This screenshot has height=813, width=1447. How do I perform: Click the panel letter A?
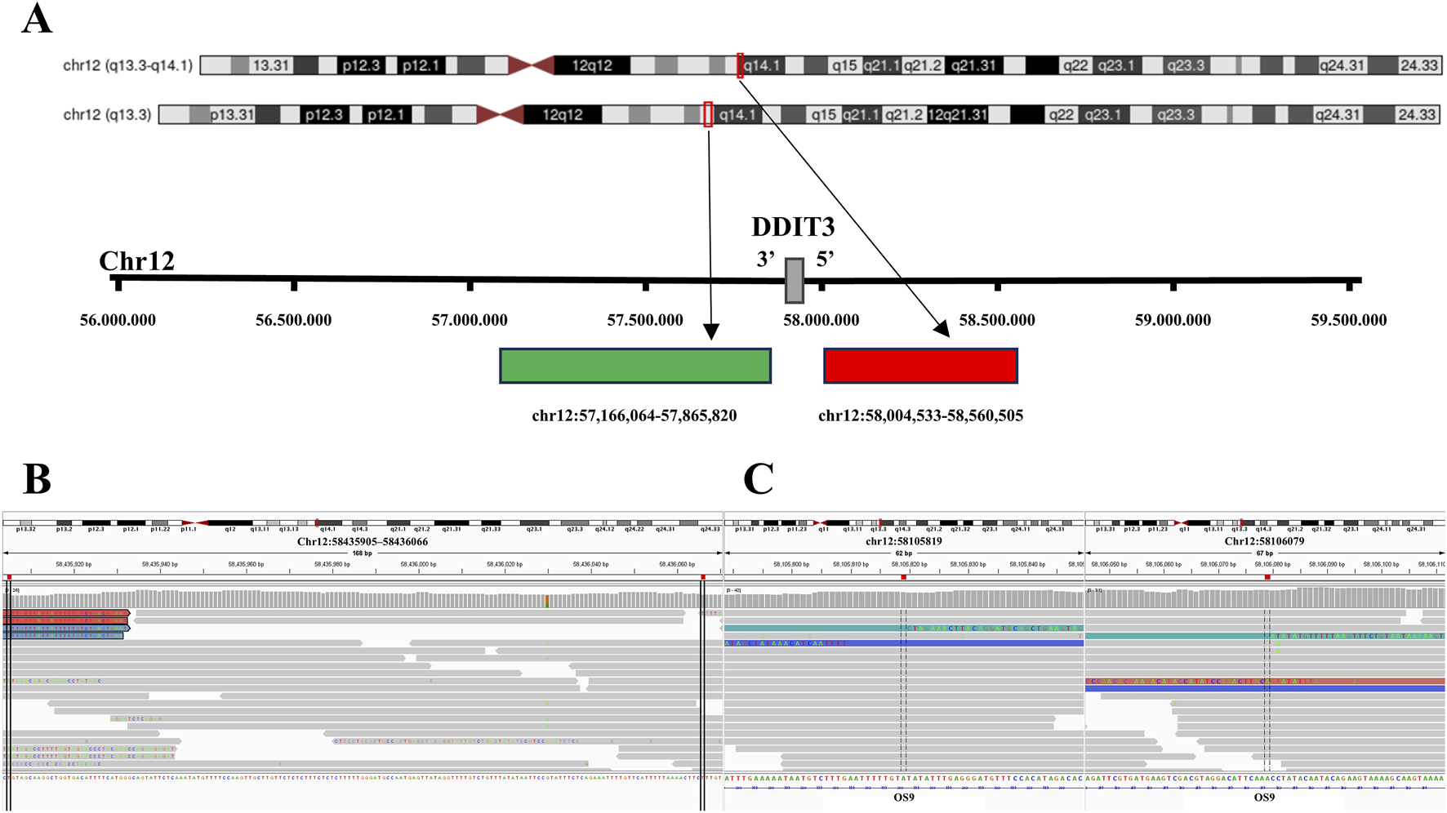[37, 19]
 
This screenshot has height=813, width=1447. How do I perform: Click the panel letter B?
[37, 479]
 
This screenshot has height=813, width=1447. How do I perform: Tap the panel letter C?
[758, 479]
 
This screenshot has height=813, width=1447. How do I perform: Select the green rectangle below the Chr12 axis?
[635, 366]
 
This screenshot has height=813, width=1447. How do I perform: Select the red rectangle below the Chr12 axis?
[920, 366]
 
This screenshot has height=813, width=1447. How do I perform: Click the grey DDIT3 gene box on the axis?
[794, 280]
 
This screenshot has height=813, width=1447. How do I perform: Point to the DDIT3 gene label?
[793, 227]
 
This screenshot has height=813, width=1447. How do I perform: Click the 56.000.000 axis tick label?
[118, 320]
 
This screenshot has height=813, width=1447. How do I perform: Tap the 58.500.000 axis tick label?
[997, 320]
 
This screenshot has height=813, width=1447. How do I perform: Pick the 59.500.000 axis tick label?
[1348, 320]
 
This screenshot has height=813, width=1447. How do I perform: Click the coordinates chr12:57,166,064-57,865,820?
[634, 415]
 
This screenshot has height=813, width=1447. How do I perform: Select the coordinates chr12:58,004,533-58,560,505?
[920, 415]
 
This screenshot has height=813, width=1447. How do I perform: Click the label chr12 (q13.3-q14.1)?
[127, 65]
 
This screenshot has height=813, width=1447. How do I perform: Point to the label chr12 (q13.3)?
[107, 114]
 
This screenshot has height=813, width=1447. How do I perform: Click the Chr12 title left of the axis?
[136, 261]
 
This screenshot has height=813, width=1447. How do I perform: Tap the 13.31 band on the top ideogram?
[270, 65]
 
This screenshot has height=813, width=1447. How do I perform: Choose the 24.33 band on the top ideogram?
[1419, 65]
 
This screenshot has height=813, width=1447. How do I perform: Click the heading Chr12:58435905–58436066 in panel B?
[362, 541]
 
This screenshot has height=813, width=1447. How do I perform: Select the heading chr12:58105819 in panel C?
[903, 541]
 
